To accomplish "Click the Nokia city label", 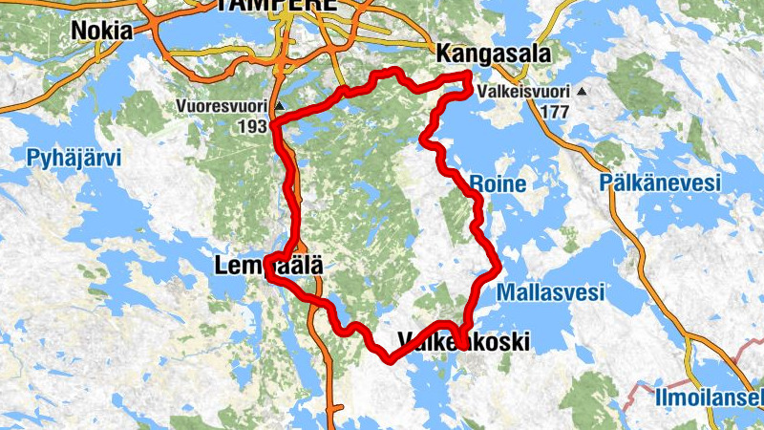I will click(x=101, y=31).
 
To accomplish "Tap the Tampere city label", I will click(x=277, y=5).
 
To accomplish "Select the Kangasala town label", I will click(x=494, y=54).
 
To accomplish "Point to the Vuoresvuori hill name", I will click(x=223, y=105).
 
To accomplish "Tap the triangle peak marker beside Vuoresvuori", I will click(x=278, y=105).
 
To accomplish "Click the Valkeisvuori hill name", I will click(x=525, y=93).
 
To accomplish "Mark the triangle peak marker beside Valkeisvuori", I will click(x=581, y=93).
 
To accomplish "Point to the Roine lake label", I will click(x=497, y=183).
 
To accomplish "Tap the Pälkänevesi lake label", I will click(x=660, y=183).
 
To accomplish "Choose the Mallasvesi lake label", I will click(x=551, y=293).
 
